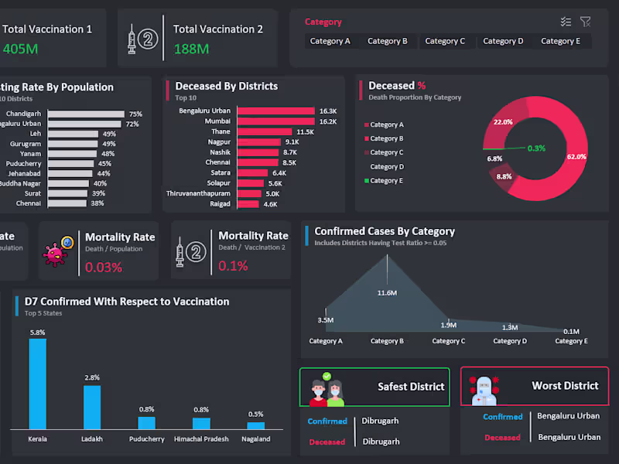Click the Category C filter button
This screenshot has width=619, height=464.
click(445, 41)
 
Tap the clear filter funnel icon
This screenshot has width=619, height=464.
click(586, 22)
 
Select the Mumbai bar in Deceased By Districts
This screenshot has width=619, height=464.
click(276, 121)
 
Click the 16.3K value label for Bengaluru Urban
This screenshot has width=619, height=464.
click(327, 111)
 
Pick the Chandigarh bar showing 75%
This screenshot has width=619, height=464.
click(85, 114)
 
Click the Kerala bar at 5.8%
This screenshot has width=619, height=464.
click(37, 384)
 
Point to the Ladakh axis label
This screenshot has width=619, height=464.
click(92, 439)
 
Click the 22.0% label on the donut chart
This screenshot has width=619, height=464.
click(503, 122)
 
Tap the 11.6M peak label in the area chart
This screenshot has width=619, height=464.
click(387, 293)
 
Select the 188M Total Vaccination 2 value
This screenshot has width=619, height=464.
click(191, 49)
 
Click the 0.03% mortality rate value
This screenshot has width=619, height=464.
click(104, 267)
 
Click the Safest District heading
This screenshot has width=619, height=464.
click(411, 386)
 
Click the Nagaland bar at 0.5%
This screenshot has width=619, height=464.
click(255, 425)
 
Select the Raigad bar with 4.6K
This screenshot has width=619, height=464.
click(248, 204)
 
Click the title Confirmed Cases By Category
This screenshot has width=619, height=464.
click(385, 231)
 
